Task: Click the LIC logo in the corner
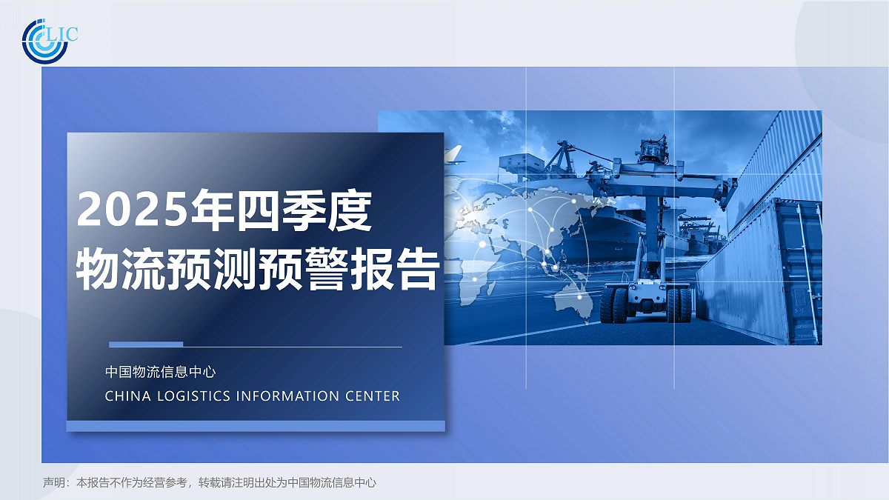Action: coord(49,39)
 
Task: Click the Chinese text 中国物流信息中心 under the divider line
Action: coord(160,372)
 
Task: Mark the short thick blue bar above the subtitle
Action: coord(146,344)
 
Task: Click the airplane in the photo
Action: coord(453,155)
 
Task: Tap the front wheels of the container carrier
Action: coord(614,304)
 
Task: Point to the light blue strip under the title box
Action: coord(256,426)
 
